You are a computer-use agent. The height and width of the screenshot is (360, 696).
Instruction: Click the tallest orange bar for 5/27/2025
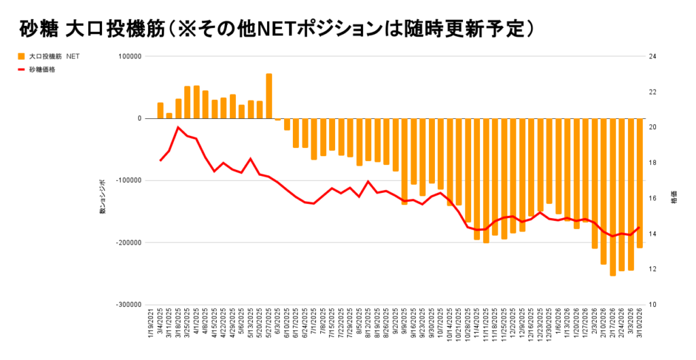269,96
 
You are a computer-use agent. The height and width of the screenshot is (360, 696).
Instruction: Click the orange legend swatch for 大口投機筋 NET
22,56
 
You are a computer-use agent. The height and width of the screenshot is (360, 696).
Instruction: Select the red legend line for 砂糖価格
22,70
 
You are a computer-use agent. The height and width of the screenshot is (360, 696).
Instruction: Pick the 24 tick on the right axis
652,56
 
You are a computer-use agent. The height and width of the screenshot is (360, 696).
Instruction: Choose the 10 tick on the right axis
652,305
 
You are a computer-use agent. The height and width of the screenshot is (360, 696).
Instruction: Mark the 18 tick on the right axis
652,163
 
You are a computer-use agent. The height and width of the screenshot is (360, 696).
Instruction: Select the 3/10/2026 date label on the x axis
640,329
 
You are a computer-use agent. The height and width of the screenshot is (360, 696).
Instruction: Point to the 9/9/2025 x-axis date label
405,329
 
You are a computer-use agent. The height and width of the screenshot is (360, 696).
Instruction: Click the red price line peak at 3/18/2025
178,127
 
